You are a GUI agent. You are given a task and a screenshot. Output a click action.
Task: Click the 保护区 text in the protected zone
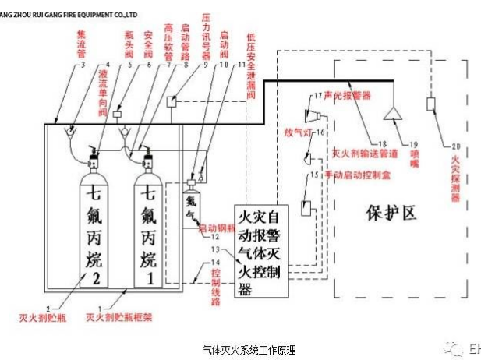[x=390, y=213]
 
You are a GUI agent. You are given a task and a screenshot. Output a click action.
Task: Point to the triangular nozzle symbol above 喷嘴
[x=393, y=115]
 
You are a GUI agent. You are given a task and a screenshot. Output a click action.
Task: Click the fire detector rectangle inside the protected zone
[x=431, y=104]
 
